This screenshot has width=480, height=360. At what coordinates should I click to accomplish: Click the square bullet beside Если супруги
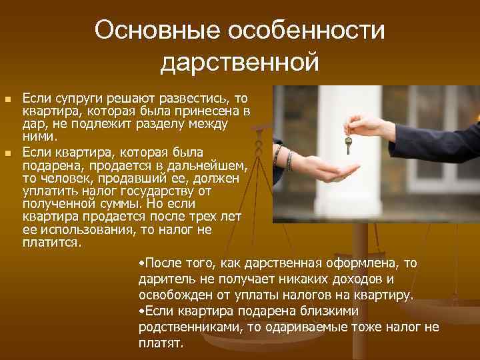point(8,99)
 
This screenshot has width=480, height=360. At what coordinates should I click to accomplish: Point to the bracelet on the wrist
point(289,160)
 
